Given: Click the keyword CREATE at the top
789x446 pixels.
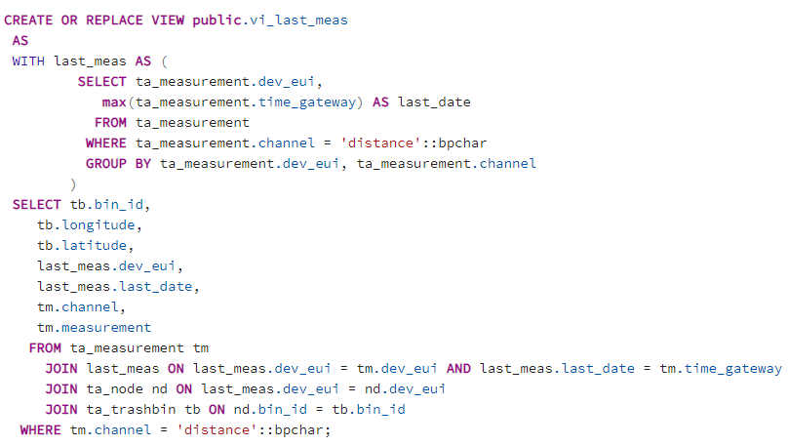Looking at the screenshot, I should click(29, 20).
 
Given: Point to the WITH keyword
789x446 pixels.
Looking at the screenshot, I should click(29, 61).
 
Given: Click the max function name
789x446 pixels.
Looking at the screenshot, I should click(115, 101).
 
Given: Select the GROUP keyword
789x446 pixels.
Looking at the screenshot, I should click(107, 163).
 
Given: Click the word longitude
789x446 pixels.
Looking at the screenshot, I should click(98, 224).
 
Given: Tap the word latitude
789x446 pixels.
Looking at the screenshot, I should click(94, 245).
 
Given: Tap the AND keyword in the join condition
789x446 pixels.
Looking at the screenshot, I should click(458, 368).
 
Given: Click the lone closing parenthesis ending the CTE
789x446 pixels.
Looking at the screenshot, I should click(73, 183).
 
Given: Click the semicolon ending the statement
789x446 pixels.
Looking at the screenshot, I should click(329, 429).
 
